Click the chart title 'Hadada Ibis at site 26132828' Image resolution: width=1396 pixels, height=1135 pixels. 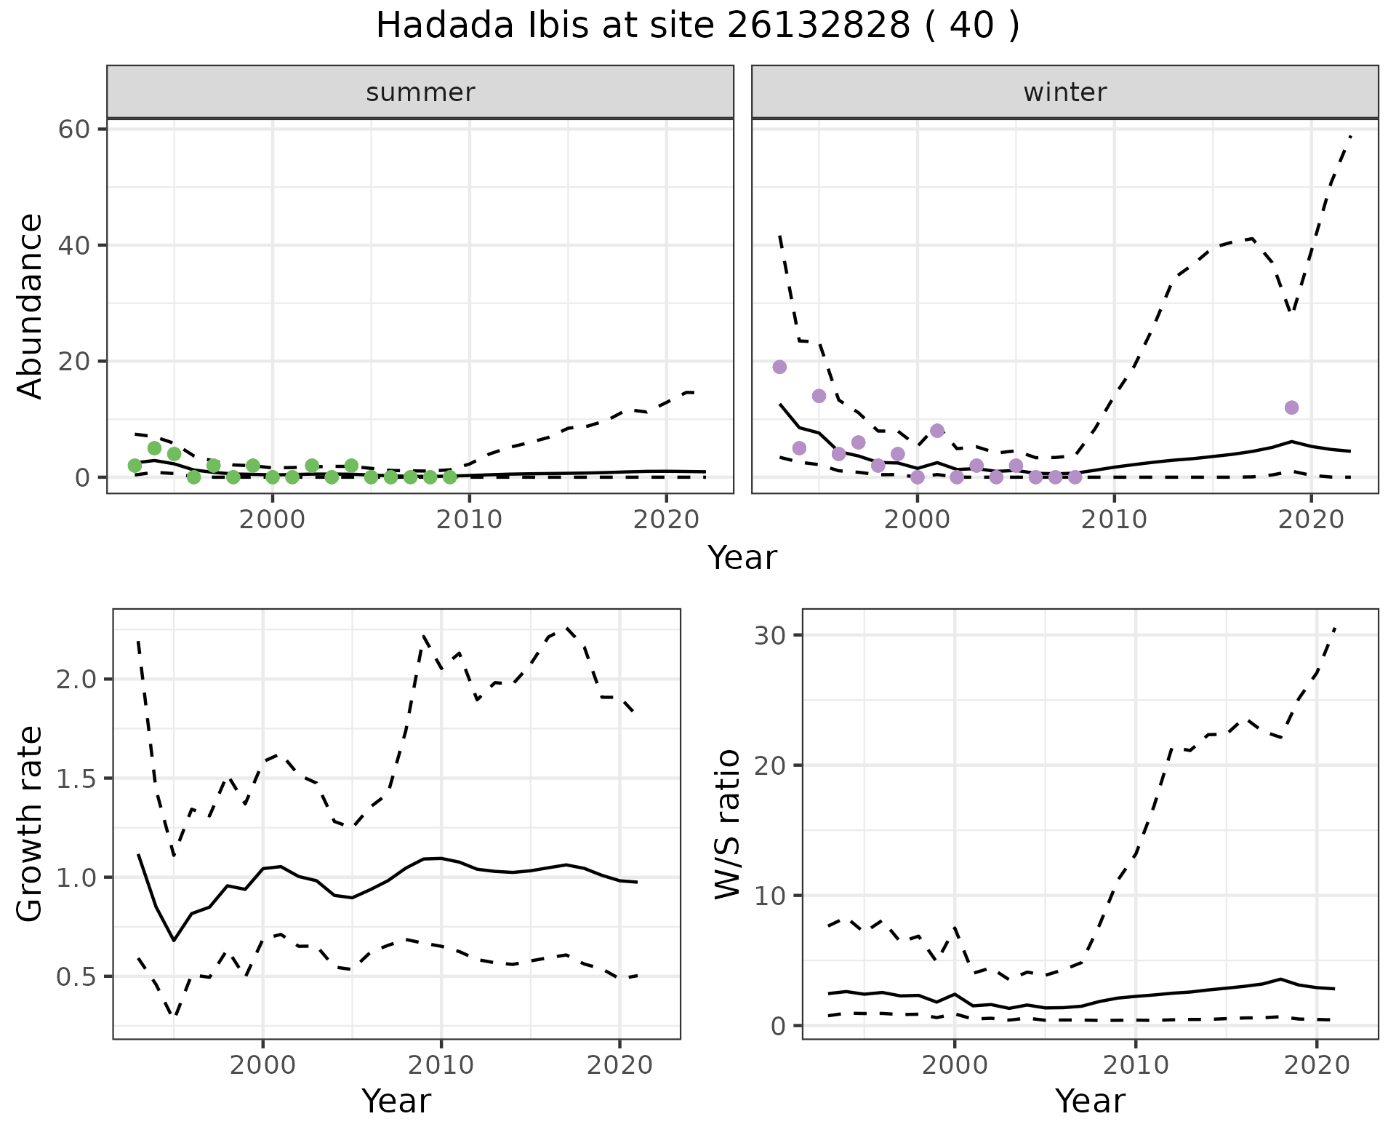click(697, 27)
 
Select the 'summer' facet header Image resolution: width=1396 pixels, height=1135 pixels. click(420, 92)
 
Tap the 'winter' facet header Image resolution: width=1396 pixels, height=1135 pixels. click(1064, 92)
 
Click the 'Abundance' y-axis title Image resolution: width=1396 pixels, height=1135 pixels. click(31, 306)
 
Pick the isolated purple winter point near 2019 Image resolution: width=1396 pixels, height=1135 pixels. click(1291, 407)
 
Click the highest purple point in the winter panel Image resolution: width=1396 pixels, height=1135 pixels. click(779, 367)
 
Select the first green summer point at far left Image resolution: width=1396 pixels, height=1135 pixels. click(135, 466)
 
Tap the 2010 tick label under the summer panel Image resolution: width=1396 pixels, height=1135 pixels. click(470, 519)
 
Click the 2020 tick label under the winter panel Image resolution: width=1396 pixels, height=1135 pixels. click(1310, 519)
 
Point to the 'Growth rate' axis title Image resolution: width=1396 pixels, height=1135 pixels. click(31, 824)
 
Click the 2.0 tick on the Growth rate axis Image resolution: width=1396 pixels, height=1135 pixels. click(77, 680)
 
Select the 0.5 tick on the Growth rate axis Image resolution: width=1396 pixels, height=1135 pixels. click(77, 976)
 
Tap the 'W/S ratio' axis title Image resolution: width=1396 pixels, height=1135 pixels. click(727, 824)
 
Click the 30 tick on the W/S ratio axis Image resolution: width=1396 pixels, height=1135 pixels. click(772, 635)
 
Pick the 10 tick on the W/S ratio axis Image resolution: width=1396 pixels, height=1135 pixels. click(772, 896)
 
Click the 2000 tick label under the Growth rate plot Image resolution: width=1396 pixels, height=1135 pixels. click(262, 1065)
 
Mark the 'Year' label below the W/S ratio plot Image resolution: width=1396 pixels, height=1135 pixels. click(1090, 1101)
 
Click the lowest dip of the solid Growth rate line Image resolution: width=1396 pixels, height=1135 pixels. click(174, 940)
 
